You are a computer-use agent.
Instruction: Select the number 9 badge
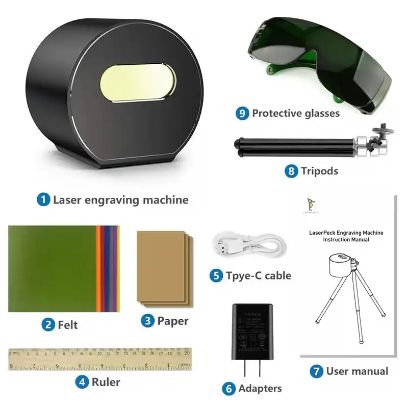click(243, 113)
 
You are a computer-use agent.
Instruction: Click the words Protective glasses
click(295, 113)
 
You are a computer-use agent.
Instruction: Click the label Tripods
click(319, 171)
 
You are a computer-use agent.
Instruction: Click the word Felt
click(68, 324)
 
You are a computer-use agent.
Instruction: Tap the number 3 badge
click(148, 321)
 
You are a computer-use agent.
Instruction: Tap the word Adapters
click(260, 388)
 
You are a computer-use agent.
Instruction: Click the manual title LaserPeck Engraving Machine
click(346, 233)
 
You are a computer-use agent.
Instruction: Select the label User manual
click(357, 371)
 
